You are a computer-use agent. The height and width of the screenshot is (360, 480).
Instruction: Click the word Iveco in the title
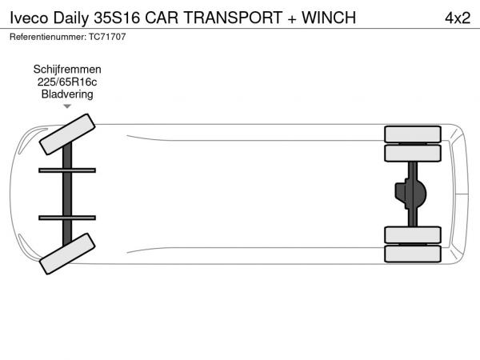[29, 18]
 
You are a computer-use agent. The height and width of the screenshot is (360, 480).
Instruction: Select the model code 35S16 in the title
[117, 18]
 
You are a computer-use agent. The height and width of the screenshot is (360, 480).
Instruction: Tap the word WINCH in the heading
[329, 18]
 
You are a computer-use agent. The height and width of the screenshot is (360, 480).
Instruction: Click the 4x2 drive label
[458, 18]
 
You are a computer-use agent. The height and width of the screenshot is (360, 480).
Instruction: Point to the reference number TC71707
[107, 37]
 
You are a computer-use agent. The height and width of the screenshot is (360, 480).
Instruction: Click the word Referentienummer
[48, 37]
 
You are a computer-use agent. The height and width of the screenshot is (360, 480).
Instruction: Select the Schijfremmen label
[67, 70]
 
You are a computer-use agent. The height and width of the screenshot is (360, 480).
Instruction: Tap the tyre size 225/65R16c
[67, 82]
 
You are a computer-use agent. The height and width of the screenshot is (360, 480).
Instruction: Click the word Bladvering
[67, 94]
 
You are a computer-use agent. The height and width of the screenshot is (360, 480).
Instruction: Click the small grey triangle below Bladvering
[67, 106]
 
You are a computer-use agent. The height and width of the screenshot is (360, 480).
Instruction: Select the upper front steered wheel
[67, 134]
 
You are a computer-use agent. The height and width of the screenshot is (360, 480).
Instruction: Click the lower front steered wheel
[67, 254]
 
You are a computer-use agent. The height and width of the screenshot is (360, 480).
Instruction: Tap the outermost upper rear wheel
[413, 134]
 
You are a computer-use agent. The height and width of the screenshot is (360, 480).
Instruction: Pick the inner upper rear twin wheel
[413, 154]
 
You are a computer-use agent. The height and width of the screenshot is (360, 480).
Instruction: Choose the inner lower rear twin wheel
[413, 234]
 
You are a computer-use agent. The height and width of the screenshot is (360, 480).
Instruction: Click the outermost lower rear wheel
[413, 254]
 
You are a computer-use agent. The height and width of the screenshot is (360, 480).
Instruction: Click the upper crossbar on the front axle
[67, 170]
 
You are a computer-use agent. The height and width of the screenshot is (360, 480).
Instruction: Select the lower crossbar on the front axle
[67, 218]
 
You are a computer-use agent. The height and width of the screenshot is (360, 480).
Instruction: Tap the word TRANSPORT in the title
[233, 18]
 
